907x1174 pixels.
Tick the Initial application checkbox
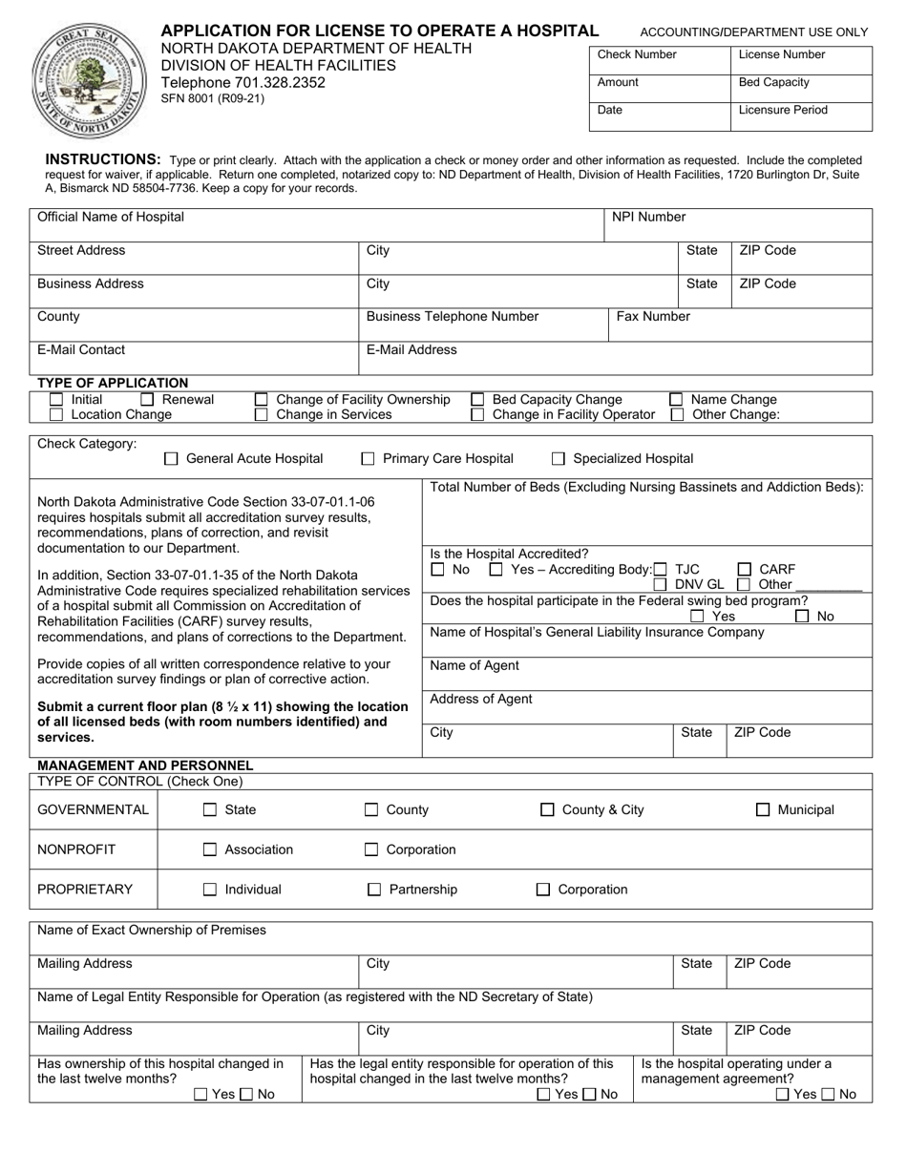(56, 400)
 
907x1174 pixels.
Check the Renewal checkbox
(148, 400)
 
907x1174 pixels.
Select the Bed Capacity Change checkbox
(478, 400)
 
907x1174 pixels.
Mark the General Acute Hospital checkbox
(172, 459)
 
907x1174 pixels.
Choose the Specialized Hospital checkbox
(559, 459)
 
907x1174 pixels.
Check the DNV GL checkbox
(661, 584)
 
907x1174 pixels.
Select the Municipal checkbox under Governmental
(763, 810)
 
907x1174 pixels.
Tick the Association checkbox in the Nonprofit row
(210, 849)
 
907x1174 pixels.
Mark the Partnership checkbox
(374, 890)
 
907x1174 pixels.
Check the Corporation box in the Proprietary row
(543, 890)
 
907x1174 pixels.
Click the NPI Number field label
(648, 218)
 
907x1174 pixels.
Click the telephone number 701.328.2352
(243, 82)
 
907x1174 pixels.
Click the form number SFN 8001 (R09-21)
(212, 98)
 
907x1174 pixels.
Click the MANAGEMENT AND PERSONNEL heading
(145, 765)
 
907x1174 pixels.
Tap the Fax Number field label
(653, 317)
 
